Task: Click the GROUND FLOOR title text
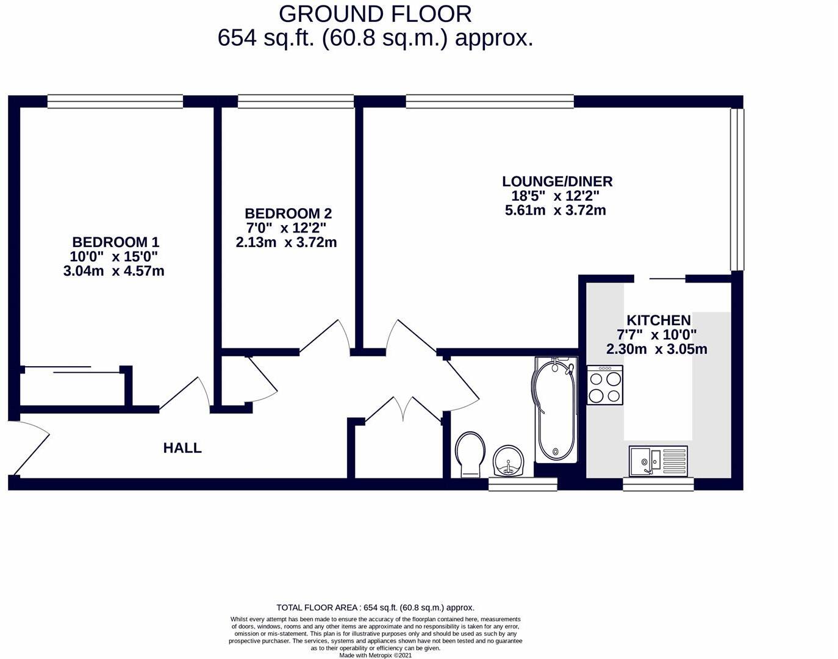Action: (x=375, y=13)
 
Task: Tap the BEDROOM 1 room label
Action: (x=115, y=242)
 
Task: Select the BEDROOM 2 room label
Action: (x=288, y=214)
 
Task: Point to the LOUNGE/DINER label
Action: (x=557, y=181)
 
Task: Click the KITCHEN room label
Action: (x=658, y=320)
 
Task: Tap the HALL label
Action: (x=182, y=448)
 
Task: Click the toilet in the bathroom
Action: (x=470, y=454)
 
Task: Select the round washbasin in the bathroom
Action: (x=508, y=459)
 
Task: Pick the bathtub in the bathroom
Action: (x=554, y=410)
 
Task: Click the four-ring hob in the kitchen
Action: (x=604, y=386)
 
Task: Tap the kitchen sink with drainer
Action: (x=658, y=460)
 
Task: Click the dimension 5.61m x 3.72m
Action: (x=555, y=211)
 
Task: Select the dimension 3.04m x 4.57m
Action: (x=114, y=271)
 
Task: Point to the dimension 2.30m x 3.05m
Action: (x=656, y=350)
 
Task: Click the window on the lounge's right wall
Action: (x=737, y=189)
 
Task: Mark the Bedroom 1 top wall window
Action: (x=115, y=101)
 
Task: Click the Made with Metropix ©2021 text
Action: (x=375, y=655)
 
